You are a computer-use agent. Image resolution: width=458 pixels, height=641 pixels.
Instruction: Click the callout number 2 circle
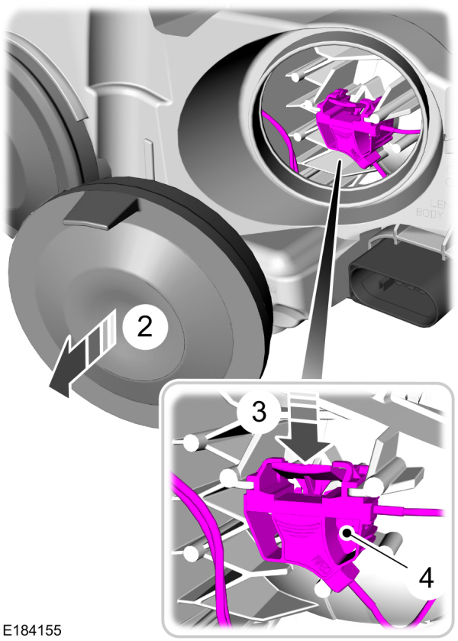tap(144, 327)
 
